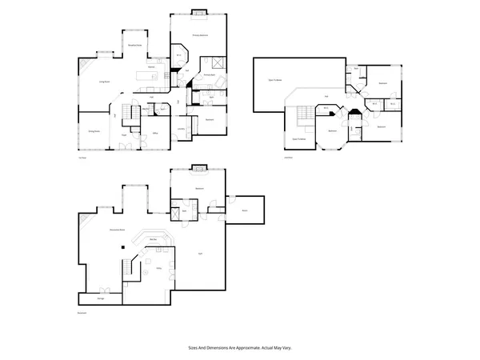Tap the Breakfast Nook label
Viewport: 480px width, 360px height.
coord(136,46)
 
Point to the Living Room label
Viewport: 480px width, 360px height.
coord(104,82)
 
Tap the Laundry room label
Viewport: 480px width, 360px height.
coord(182,128)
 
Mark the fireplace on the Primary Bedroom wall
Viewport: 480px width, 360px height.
coord(198,13)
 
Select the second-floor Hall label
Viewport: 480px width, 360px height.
coord(326,97)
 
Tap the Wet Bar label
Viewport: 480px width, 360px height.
coord(153,238)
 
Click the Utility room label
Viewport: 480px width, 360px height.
coord(159,269)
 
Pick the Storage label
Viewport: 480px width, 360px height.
coord(102,298)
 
